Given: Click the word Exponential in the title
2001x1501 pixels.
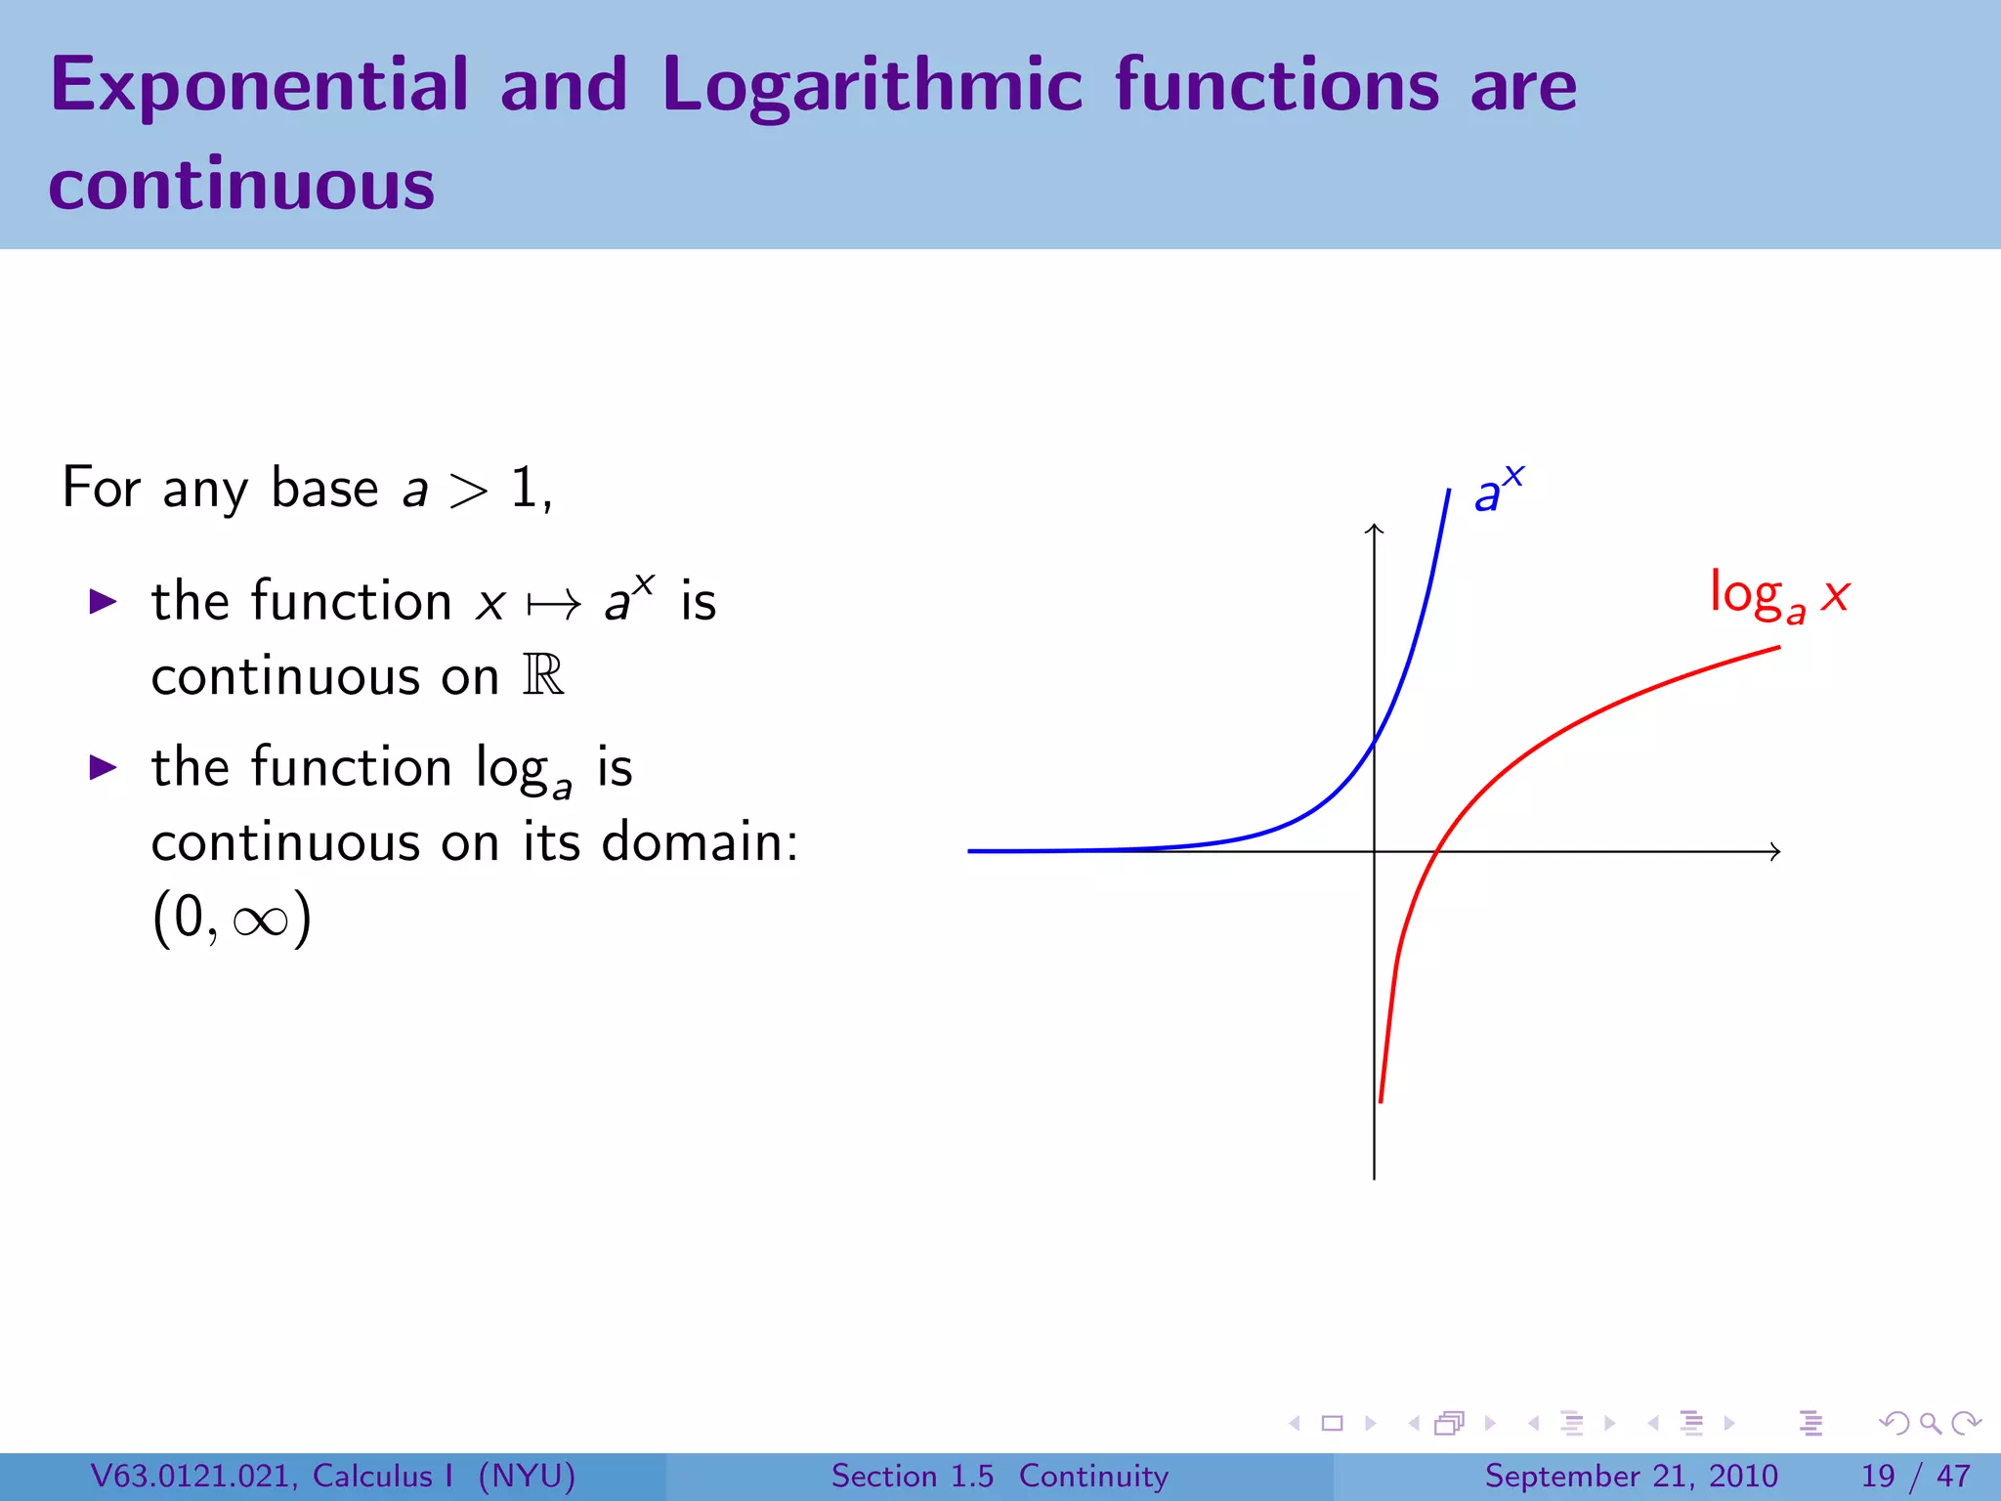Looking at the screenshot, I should pyautogui.click(x=260, y=86).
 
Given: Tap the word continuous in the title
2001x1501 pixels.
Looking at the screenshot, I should pyautogui.click(x=241, y=186).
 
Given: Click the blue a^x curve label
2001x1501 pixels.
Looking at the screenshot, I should pyautogui.click(x=1497, y=490).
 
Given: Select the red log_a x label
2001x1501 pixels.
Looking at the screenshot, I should pyautogui.click(x=1778, y=594).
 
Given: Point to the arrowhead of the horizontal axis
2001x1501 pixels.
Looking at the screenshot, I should pyautogui.click(x=1776, y=851).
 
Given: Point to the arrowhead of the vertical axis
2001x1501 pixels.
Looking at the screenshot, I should pyautogui.click(x=1374, y=529).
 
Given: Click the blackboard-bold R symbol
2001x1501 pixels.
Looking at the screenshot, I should pyautogui.click(x=543, y=675).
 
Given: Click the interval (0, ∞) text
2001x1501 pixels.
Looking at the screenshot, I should pyautogui.click(x=232, y=918).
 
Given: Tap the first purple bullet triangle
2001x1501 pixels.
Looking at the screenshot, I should pyautogui.click(x=103, y=601).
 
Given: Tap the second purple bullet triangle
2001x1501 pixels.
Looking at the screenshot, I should pyautogui.click(x=103, y=767).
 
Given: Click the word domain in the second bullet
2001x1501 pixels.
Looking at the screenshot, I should pyautogui.click(x=699, y=841).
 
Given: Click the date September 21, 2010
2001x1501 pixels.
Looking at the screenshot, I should pyautogui.click(x=1631, y=1476).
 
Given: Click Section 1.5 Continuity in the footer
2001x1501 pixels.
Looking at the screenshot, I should pyautogui.click(x=1000, y=1476).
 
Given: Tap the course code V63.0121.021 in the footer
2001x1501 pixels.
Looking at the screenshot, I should pyautogui.click(x=193, y=1476).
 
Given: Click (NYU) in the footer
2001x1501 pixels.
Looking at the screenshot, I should pyautogui.click(x=527, y=1476).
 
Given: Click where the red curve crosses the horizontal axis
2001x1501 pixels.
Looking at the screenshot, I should pyautogui.click(x=1434, y=851).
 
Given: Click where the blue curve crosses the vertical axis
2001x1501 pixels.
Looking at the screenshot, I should pyautogui.click(x=1375, y=745).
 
